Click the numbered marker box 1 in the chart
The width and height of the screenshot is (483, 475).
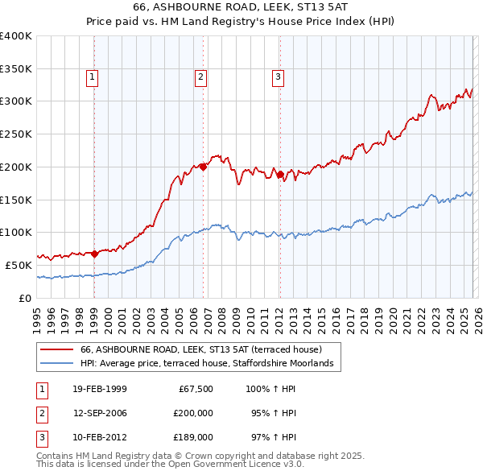(x=93, y=77)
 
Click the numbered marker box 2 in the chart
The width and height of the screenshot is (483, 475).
(x=200, y=77)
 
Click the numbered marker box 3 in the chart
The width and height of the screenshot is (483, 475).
(x=278, y=77)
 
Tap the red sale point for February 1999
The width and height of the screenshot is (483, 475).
(x=94, y=254)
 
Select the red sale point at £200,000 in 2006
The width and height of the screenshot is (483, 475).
(x=203, y=167)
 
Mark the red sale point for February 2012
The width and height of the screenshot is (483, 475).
(x=279, y=174)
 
